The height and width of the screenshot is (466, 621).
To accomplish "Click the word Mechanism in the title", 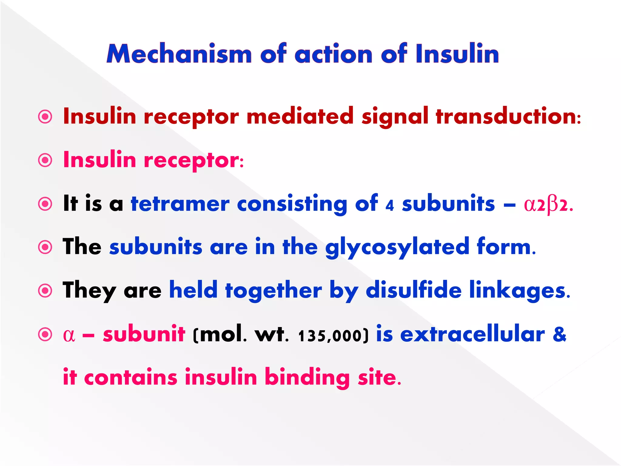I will click(x=179, y=54).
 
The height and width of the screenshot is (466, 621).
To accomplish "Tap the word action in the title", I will click(x=334, y=54).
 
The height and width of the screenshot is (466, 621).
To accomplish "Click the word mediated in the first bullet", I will click(x=300, y=116).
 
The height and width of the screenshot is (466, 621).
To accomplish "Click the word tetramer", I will click(x=180, y=204).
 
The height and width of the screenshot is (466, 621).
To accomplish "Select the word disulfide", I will click(x=414, y=290).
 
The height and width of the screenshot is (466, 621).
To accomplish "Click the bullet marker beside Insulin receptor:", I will click(x=45, y=160).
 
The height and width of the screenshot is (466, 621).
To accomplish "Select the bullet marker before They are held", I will click(x=45, y=291).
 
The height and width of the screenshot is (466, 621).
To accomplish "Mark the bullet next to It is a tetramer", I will click(x=45, y=204).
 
